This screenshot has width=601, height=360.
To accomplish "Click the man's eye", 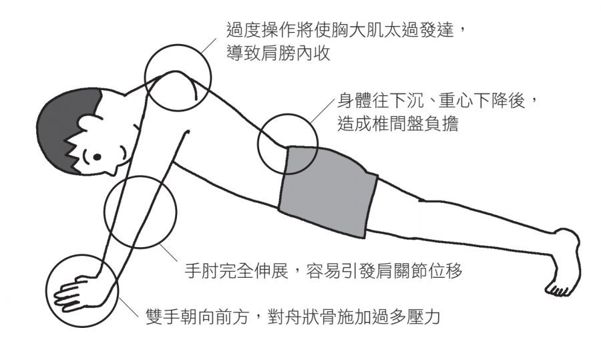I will coord(97,158).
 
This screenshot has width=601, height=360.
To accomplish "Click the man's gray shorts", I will coord(327,190).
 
